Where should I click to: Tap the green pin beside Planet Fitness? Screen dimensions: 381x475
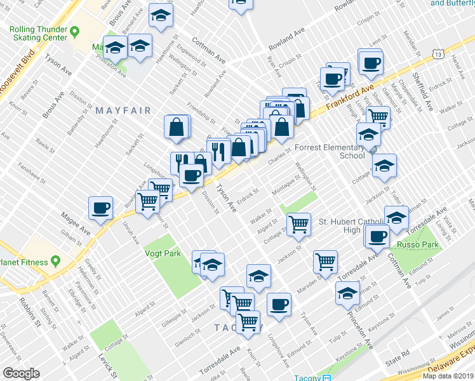tap(55, 261)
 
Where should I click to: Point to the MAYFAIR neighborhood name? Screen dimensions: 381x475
tap(123, 110)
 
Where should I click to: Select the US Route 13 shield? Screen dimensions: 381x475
tap(438, 56)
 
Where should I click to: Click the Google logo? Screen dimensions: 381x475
tap(21, 373)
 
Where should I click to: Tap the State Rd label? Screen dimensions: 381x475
tap(398, 359)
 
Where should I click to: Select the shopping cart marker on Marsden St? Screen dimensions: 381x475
tap(325, 260)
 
